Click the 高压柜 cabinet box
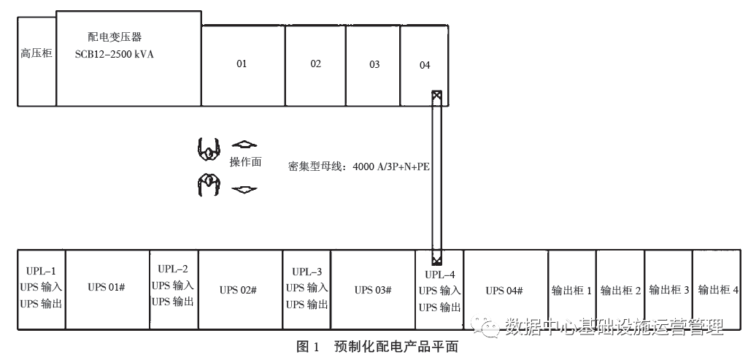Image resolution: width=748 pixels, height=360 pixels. [x=36, y=64]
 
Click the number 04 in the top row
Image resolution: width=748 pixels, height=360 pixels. [x=425, y=66]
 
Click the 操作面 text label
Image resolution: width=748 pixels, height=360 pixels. [x=245, y=162]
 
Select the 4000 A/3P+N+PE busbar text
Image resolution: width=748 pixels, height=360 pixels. [x=391, y=166]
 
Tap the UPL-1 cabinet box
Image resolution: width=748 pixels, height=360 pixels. [x=41, y=290]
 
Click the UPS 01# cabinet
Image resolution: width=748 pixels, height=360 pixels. [x=107, y=290]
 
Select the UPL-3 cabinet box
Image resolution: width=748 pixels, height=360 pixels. [x=306, y=289]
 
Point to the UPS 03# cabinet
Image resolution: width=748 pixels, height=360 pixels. [x=373, y=290]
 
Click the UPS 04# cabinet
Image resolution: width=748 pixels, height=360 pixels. [x=505, y=290]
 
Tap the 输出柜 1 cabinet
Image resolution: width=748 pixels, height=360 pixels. [x=572, y=290]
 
